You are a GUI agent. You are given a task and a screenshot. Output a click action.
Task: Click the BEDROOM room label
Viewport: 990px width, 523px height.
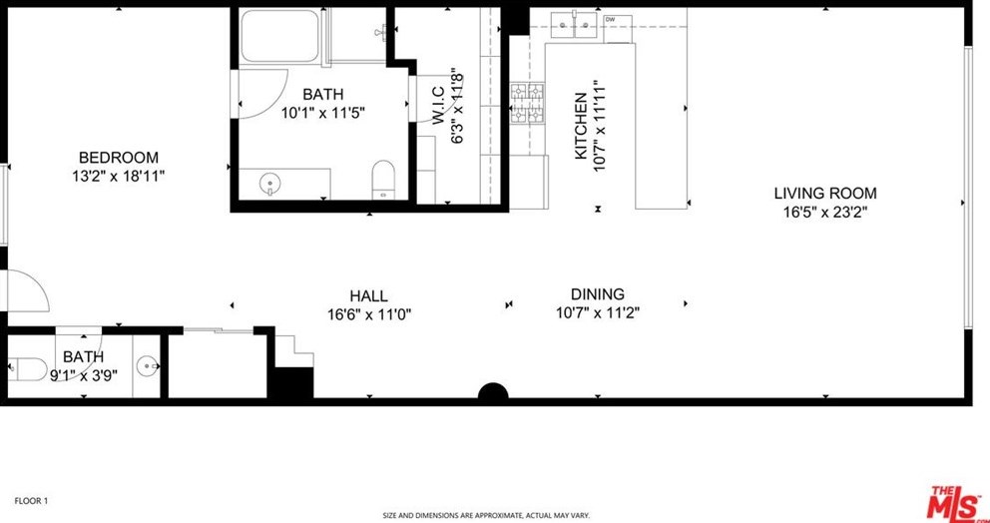pyautogui.click(x=119, y=158)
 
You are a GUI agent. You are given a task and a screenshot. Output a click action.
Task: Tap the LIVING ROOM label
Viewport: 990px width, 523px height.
pyautogui.click(x=825, y=194)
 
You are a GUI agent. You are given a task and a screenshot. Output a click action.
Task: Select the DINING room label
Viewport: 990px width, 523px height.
pyautogui.click(x=597, y=294)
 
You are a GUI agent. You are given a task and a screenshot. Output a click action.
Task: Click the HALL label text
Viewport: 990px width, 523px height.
pyautogui.click(x=368, y=296)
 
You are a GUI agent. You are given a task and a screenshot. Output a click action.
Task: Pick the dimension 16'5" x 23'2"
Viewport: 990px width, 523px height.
pyautogui.click(x=825, y=212)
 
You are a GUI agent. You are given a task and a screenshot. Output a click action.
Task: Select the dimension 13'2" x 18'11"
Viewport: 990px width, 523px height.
pyautogui.click(x=119, y=176)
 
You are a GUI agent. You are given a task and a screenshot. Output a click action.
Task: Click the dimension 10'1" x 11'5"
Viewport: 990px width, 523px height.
pyautogui.click(x=322, y=113)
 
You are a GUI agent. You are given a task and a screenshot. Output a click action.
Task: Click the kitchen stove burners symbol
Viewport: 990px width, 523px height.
pyautogui.click(x=528, y=104)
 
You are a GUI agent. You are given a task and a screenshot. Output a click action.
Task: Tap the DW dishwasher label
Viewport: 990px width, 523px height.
pyautogui.click(x=610, y=19)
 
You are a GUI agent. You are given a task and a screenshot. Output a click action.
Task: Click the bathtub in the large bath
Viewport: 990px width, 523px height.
pyautogui.click(x=278, y=38)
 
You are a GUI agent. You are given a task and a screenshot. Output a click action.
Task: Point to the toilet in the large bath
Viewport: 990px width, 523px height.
pyautogui.click(x=383, y=179)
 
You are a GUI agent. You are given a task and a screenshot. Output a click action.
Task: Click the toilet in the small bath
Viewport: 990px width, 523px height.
pyautogui.click(x=26, y=366)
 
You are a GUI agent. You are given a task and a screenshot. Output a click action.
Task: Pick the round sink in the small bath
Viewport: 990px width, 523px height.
pyautogui.click(x=149, y=366)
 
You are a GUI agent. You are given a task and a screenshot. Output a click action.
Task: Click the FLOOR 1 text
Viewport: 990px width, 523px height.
pyautogui.click(x=31, y=500)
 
